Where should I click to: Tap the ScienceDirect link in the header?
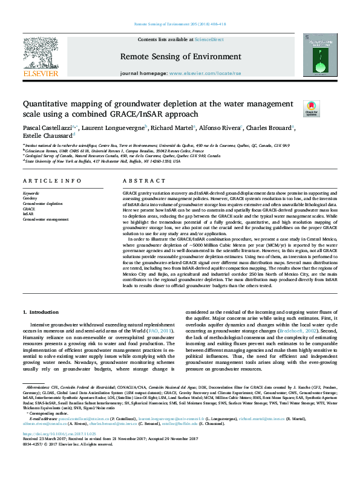pyautogui.click(x=209, y=39)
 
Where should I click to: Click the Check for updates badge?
pyautogui.click(x=327, y=109)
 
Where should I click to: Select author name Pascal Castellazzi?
pyautogui.click(x=47, y=128)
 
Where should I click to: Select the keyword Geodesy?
pyautogui.click(x=30, y=198)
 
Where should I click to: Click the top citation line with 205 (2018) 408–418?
pyautogui.click(x=179, y=24)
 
